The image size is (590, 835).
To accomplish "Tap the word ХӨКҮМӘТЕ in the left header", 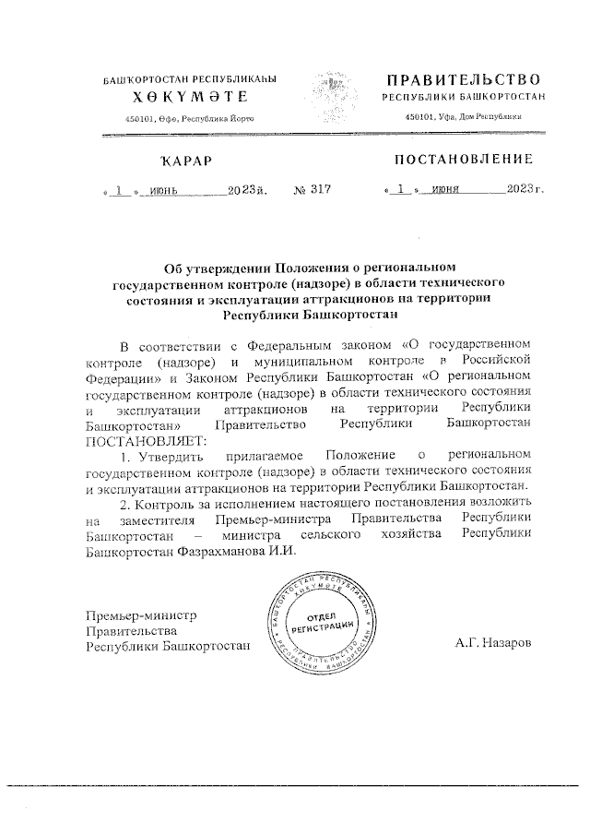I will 189,97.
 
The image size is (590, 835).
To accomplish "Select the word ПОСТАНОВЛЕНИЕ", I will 464,160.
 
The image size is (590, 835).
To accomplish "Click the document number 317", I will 318,190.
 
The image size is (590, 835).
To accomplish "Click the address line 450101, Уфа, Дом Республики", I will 464,117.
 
